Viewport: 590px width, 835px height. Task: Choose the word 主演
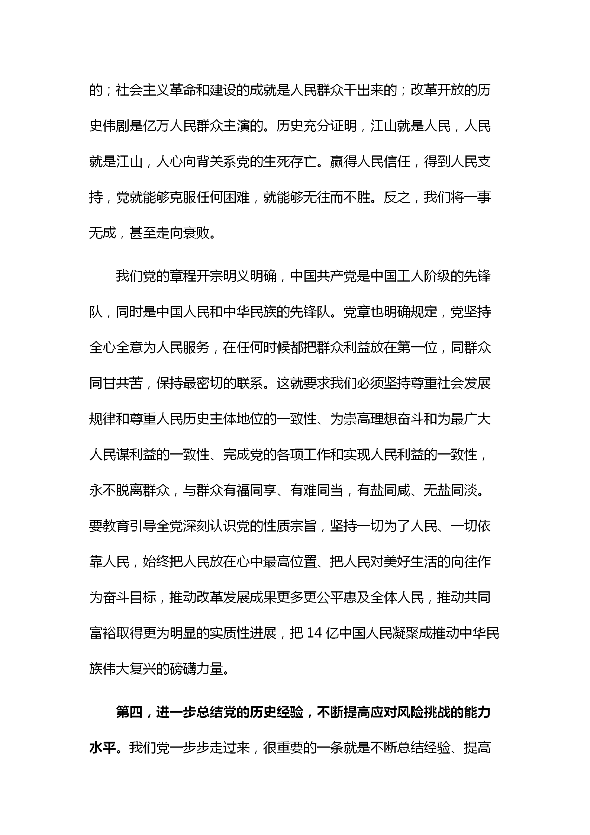click(236, 126)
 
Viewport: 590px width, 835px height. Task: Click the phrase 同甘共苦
click(116, 383)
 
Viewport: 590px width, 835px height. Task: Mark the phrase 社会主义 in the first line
click(142, 90)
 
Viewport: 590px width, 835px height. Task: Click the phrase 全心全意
click(116, 347)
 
